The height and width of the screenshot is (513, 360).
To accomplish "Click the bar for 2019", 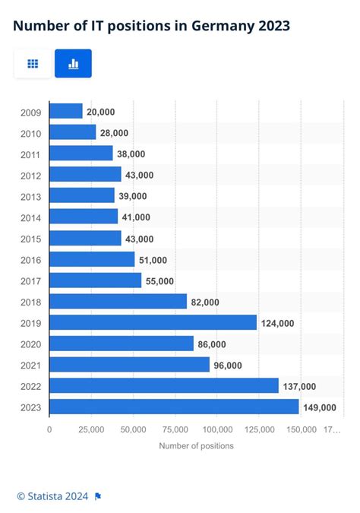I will (153, 322).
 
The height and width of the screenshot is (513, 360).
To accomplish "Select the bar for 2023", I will (174, 407).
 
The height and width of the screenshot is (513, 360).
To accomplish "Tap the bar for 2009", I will (66, 111).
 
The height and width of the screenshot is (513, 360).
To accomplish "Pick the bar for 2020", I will (122, 344).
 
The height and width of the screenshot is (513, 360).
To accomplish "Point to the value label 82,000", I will (205, 302).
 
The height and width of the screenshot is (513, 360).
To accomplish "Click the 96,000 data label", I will (228, 365).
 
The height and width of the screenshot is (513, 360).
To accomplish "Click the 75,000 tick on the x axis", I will (175, 429).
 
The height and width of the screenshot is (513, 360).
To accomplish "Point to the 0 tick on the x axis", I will (49, 429).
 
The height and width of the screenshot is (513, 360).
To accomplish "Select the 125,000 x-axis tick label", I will (259, 429).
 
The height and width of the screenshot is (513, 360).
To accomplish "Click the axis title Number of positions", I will (196, 445).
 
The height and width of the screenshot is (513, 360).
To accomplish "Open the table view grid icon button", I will (33, 64).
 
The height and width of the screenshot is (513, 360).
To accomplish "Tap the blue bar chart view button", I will (73, 64).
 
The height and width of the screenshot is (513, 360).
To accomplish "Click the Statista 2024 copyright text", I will (52, 496).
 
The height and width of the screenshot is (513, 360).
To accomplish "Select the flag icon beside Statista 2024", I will (98, 496).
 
